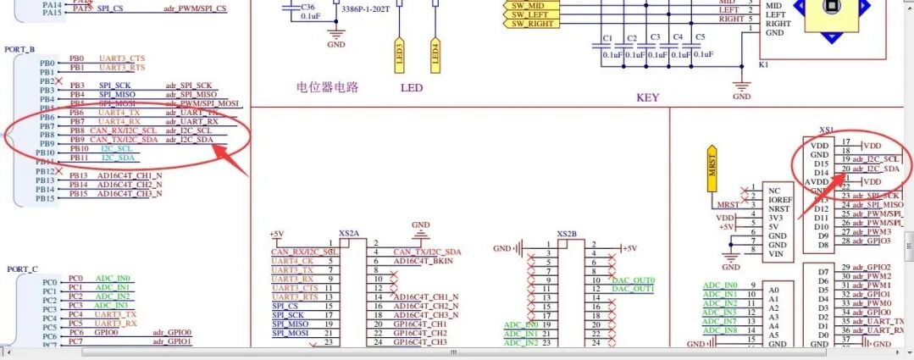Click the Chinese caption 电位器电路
click(x=328, y=86)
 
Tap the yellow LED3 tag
click(x=399, y=53)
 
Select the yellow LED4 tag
click(x=435, y=53)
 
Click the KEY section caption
click(x=647, y=97)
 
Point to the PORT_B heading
click(x=20, y=50)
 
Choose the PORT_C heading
click(x=22, y=269)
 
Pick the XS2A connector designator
click(x=349, y=233)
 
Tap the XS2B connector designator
click(x=567, y=233)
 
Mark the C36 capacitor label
click(x=307, y=6)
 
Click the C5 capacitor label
click(x=700, y=39)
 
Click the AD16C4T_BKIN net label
click(x=427, y=262)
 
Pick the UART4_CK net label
click(x=292, y=261)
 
